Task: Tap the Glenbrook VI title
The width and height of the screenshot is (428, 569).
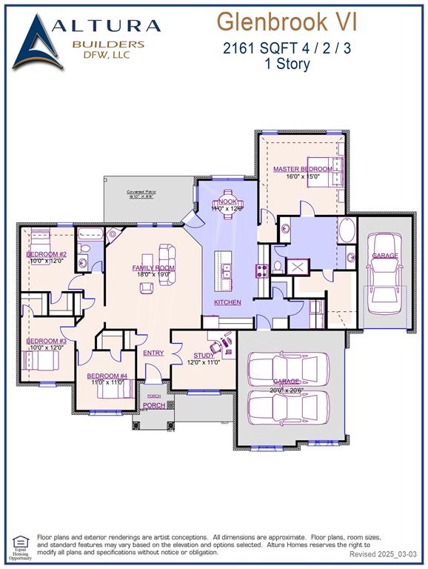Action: coord(287,22)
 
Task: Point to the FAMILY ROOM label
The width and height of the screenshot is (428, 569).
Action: coord(153,267)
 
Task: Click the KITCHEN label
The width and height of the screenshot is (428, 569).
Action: coord(227,302)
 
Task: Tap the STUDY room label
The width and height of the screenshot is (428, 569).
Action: coord(203,356)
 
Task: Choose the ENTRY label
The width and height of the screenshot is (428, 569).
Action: coord(153,353)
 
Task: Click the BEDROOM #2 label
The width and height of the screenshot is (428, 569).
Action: coord(47,254)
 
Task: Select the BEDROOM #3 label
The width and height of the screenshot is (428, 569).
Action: coord(47,341)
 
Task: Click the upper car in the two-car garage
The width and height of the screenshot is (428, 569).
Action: coord(285,367)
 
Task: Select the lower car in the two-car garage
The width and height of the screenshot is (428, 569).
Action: coord(285,405)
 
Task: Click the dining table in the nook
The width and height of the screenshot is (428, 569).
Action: coord(227,200)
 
